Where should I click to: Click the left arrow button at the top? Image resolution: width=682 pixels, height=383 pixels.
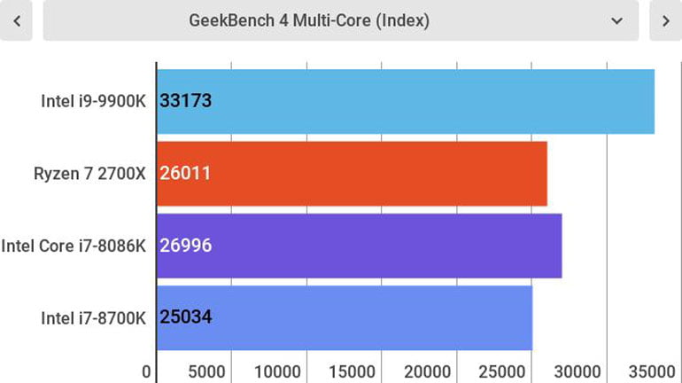click(x=16, y=20)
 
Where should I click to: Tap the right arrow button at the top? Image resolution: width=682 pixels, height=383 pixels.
click(x=665, y=20)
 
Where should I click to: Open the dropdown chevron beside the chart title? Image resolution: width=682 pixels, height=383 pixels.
click(x=617, y=20)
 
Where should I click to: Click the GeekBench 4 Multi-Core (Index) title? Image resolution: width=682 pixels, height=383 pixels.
click(x=309, y=20)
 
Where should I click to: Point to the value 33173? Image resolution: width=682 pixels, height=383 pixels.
click(x=185, y=101)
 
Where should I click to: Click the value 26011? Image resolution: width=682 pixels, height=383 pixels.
click(x=185, y=174)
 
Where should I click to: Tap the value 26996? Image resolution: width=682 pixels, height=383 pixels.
click(x=185, y=246)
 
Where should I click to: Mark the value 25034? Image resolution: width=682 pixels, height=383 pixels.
click(x=185, y=317)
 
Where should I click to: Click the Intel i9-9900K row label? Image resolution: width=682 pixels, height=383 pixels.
click(x=93, y=101)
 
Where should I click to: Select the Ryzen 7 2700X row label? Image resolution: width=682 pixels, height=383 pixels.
click(x=89, y=174)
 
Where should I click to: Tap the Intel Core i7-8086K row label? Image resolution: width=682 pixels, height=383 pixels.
click(x=74, y=246)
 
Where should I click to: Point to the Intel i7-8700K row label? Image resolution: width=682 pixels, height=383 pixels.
click(x=93, y=317)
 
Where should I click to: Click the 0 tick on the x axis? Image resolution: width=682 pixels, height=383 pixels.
click(x=147, y=371)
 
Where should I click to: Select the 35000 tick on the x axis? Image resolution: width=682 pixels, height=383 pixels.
click(x=652, y=371)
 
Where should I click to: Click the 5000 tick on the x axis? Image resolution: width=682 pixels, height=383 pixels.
click(x=206, y=371)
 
